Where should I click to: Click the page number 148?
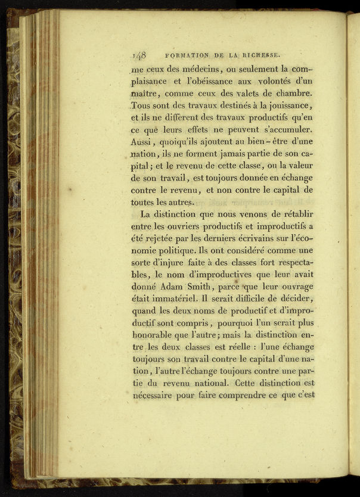[140, 55]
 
